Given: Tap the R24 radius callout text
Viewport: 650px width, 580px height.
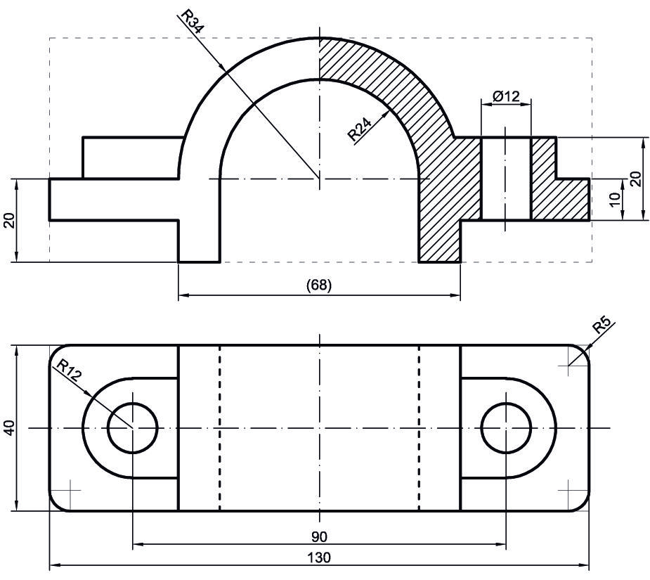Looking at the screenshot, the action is (x=359, y=129).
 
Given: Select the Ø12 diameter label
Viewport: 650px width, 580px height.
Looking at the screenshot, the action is (x=506, y=97).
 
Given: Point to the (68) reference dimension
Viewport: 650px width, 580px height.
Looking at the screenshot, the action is (x=319, y=285).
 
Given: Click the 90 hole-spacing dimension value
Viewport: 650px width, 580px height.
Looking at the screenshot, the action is (x=319, y=537).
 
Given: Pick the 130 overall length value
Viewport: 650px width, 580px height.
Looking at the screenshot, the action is (x=319, y=558).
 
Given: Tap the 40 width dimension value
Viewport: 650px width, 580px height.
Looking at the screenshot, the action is (x=10, y=427).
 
